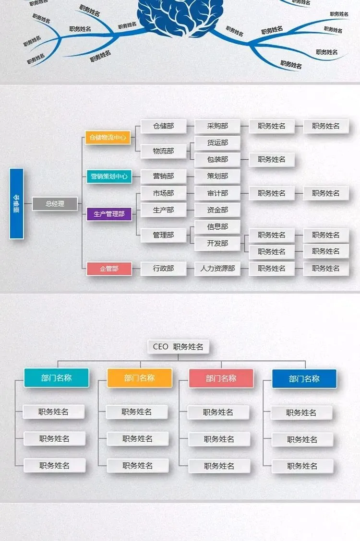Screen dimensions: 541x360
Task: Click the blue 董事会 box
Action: click(16, 203)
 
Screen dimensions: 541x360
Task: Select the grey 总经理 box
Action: click(55, 203)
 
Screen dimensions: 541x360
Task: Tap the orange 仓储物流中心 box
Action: click(108, 138)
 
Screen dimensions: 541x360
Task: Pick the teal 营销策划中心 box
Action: click(109, 176)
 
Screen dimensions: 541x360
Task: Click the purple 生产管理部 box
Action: click(109, 214)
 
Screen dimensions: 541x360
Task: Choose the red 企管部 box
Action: click(109, 269)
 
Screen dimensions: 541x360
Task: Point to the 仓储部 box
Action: click(163, 126)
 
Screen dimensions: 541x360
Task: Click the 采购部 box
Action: click(217, 126)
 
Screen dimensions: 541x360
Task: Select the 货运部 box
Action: click(217, 142)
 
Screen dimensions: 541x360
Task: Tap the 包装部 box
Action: click(217, 159)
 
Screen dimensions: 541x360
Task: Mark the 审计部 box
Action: click(217, 193)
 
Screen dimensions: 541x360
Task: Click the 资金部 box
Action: click(217, 210)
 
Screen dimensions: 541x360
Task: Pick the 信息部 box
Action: click(217, 226)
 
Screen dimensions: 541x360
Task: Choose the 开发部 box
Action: click(217, 243)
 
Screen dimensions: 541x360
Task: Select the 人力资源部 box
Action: click(217, 269)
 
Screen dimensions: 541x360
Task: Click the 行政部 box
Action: click(163, 269)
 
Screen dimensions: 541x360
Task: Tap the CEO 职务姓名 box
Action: click(178, 347)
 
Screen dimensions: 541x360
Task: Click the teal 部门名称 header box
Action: click(56, 378)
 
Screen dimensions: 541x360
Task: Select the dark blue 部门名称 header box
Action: click(304, 379)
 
